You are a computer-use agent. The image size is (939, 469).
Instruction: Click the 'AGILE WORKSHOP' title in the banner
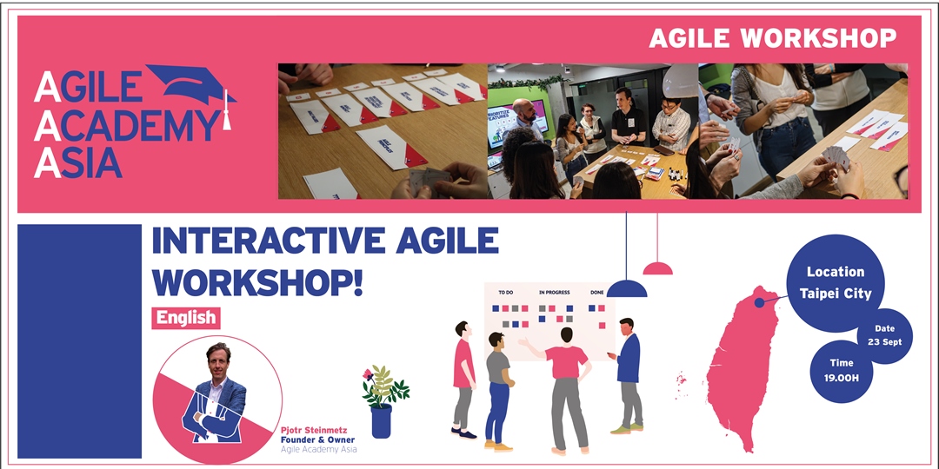coord(772,38)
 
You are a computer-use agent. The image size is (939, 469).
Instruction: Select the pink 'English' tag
coord(186,318)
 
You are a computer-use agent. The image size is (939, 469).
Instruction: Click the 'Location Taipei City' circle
coord(836,283)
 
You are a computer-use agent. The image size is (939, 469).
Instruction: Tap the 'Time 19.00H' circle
coord(842,371)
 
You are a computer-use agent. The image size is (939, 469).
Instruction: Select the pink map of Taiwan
coord(739,365)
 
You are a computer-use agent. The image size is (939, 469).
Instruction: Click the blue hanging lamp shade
coord(626,289)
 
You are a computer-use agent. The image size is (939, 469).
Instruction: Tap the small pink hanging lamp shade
coord(657,268)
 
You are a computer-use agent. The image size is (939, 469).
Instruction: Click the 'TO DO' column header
coord(506,293)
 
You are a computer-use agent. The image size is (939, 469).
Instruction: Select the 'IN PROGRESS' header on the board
coord(554,293)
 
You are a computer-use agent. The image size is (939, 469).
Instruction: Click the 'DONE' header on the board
coord(597,293)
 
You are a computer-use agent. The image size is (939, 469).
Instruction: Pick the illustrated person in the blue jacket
coord(628,373)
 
